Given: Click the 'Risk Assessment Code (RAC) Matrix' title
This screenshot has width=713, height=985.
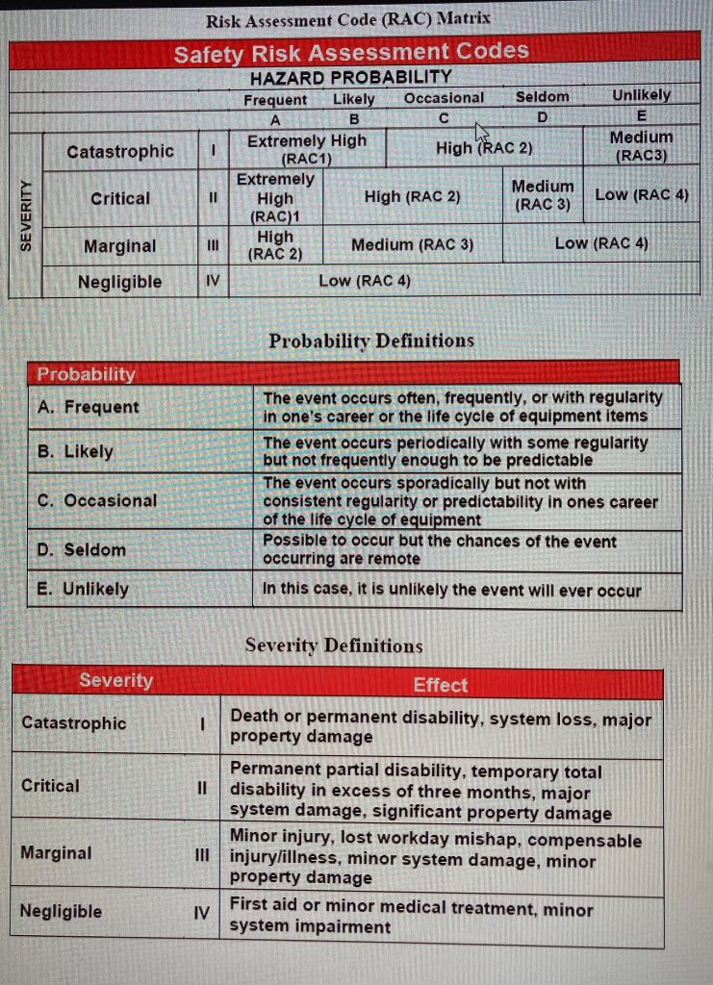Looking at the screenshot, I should pyautogui.click(x=347, y=17).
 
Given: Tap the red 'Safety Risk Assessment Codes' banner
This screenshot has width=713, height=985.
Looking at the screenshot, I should pyautogui.click(x=351, y=52).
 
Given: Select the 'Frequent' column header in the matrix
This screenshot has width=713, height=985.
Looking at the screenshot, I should pyautogui.click(x=275, y=99).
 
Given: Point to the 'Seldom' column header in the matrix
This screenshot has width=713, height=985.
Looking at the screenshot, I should pyautogui.click(x=542, y=97).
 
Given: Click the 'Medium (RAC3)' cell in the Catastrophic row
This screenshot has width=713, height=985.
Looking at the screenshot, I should pyautogui.click(x=641, y=145).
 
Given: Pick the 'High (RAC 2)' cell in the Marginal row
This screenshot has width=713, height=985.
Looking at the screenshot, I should pyautogui.click(x=275, y=245).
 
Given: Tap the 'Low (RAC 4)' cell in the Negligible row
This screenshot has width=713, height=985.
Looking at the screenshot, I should pyautogui.click(x=365, y=281).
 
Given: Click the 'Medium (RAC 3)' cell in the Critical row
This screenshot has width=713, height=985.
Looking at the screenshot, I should pyautogui.click(x=543, y=194).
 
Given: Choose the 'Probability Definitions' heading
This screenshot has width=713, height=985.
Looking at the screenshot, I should pyautogui.click(x=370, y=341).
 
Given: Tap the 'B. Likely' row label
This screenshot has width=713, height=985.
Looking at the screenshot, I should pyautogui.click(x=75, y=451).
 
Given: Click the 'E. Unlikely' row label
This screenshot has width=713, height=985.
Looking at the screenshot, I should pyautogui.click(x=83, y=589).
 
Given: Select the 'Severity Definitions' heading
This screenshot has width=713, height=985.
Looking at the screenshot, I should pyautogui.click(x=333, y=645).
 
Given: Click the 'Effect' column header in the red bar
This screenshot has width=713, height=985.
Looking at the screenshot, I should pyautogui.click(x=440, y=685).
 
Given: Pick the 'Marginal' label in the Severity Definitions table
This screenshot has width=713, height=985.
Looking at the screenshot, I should pyautogui.click(x=57, y=852).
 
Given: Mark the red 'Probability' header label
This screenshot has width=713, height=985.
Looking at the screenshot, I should pyautogui.click(x=87, y=373).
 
